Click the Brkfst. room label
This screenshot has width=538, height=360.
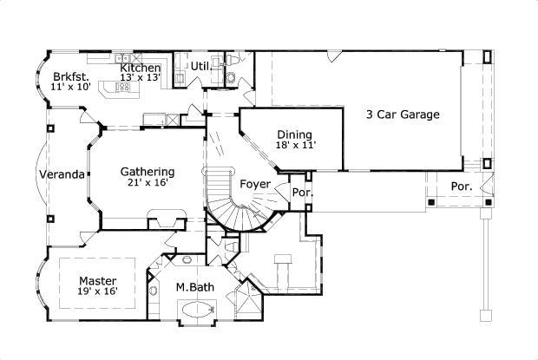[69, 75]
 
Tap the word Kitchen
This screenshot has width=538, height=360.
[140, 68]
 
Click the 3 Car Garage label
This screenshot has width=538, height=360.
[403, 114]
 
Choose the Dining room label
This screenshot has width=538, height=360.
[295, 134]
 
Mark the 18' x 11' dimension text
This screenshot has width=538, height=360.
[296, 146]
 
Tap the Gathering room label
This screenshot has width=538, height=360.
[147, 172]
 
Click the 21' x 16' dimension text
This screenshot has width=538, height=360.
[148, 183]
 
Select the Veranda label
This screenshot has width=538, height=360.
[62, 174]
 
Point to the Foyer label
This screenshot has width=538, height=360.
[254, 184]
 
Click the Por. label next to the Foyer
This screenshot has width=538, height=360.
[301, 193]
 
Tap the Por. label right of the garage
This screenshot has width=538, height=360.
[461, 187]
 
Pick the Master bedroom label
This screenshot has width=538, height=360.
[97, 280]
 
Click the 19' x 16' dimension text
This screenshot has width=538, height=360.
[98, 292]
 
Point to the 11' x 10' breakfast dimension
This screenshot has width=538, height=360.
[69, 88]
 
